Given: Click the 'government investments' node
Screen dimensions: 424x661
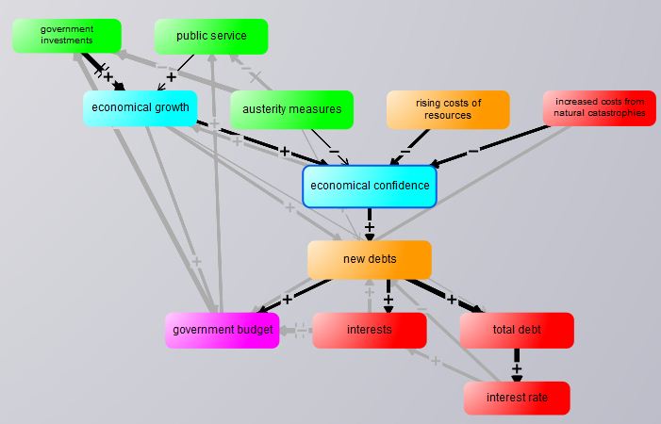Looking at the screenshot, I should point(67,36).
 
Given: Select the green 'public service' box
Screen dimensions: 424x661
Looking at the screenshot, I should point(211,37).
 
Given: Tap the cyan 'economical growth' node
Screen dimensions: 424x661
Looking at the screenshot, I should point(140,107).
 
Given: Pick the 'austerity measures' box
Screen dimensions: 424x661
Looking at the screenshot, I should point(291,109).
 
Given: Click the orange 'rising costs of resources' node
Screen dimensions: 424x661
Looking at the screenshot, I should point(448,109).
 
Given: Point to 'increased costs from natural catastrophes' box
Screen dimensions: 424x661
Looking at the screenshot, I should point(600,107).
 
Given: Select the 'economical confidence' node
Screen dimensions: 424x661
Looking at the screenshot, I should point(370,187).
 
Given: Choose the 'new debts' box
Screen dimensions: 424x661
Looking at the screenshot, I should point(370,259).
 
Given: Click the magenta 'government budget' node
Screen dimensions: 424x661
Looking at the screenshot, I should point(223,330).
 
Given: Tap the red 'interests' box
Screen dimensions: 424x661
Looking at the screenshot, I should point(370,330).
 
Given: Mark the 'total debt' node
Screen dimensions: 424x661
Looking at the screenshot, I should point(517,330).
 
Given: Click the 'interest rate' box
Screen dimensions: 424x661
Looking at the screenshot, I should point(517,398).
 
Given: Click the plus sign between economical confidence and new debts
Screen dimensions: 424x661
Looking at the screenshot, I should point(370,227).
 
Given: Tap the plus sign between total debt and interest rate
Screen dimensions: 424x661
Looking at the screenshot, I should point(517,368).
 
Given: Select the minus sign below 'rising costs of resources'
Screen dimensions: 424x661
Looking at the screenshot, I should point(405,151).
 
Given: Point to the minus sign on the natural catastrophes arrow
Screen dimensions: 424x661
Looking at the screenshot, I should point(473,149).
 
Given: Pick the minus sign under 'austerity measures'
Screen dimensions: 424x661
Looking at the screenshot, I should point(333,151).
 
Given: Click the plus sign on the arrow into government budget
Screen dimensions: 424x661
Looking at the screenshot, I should point(288,299).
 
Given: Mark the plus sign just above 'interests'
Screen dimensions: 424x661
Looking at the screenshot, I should point(388,300).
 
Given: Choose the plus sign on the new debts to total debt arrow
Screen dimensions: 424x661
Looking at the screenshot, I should point(452,300).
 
